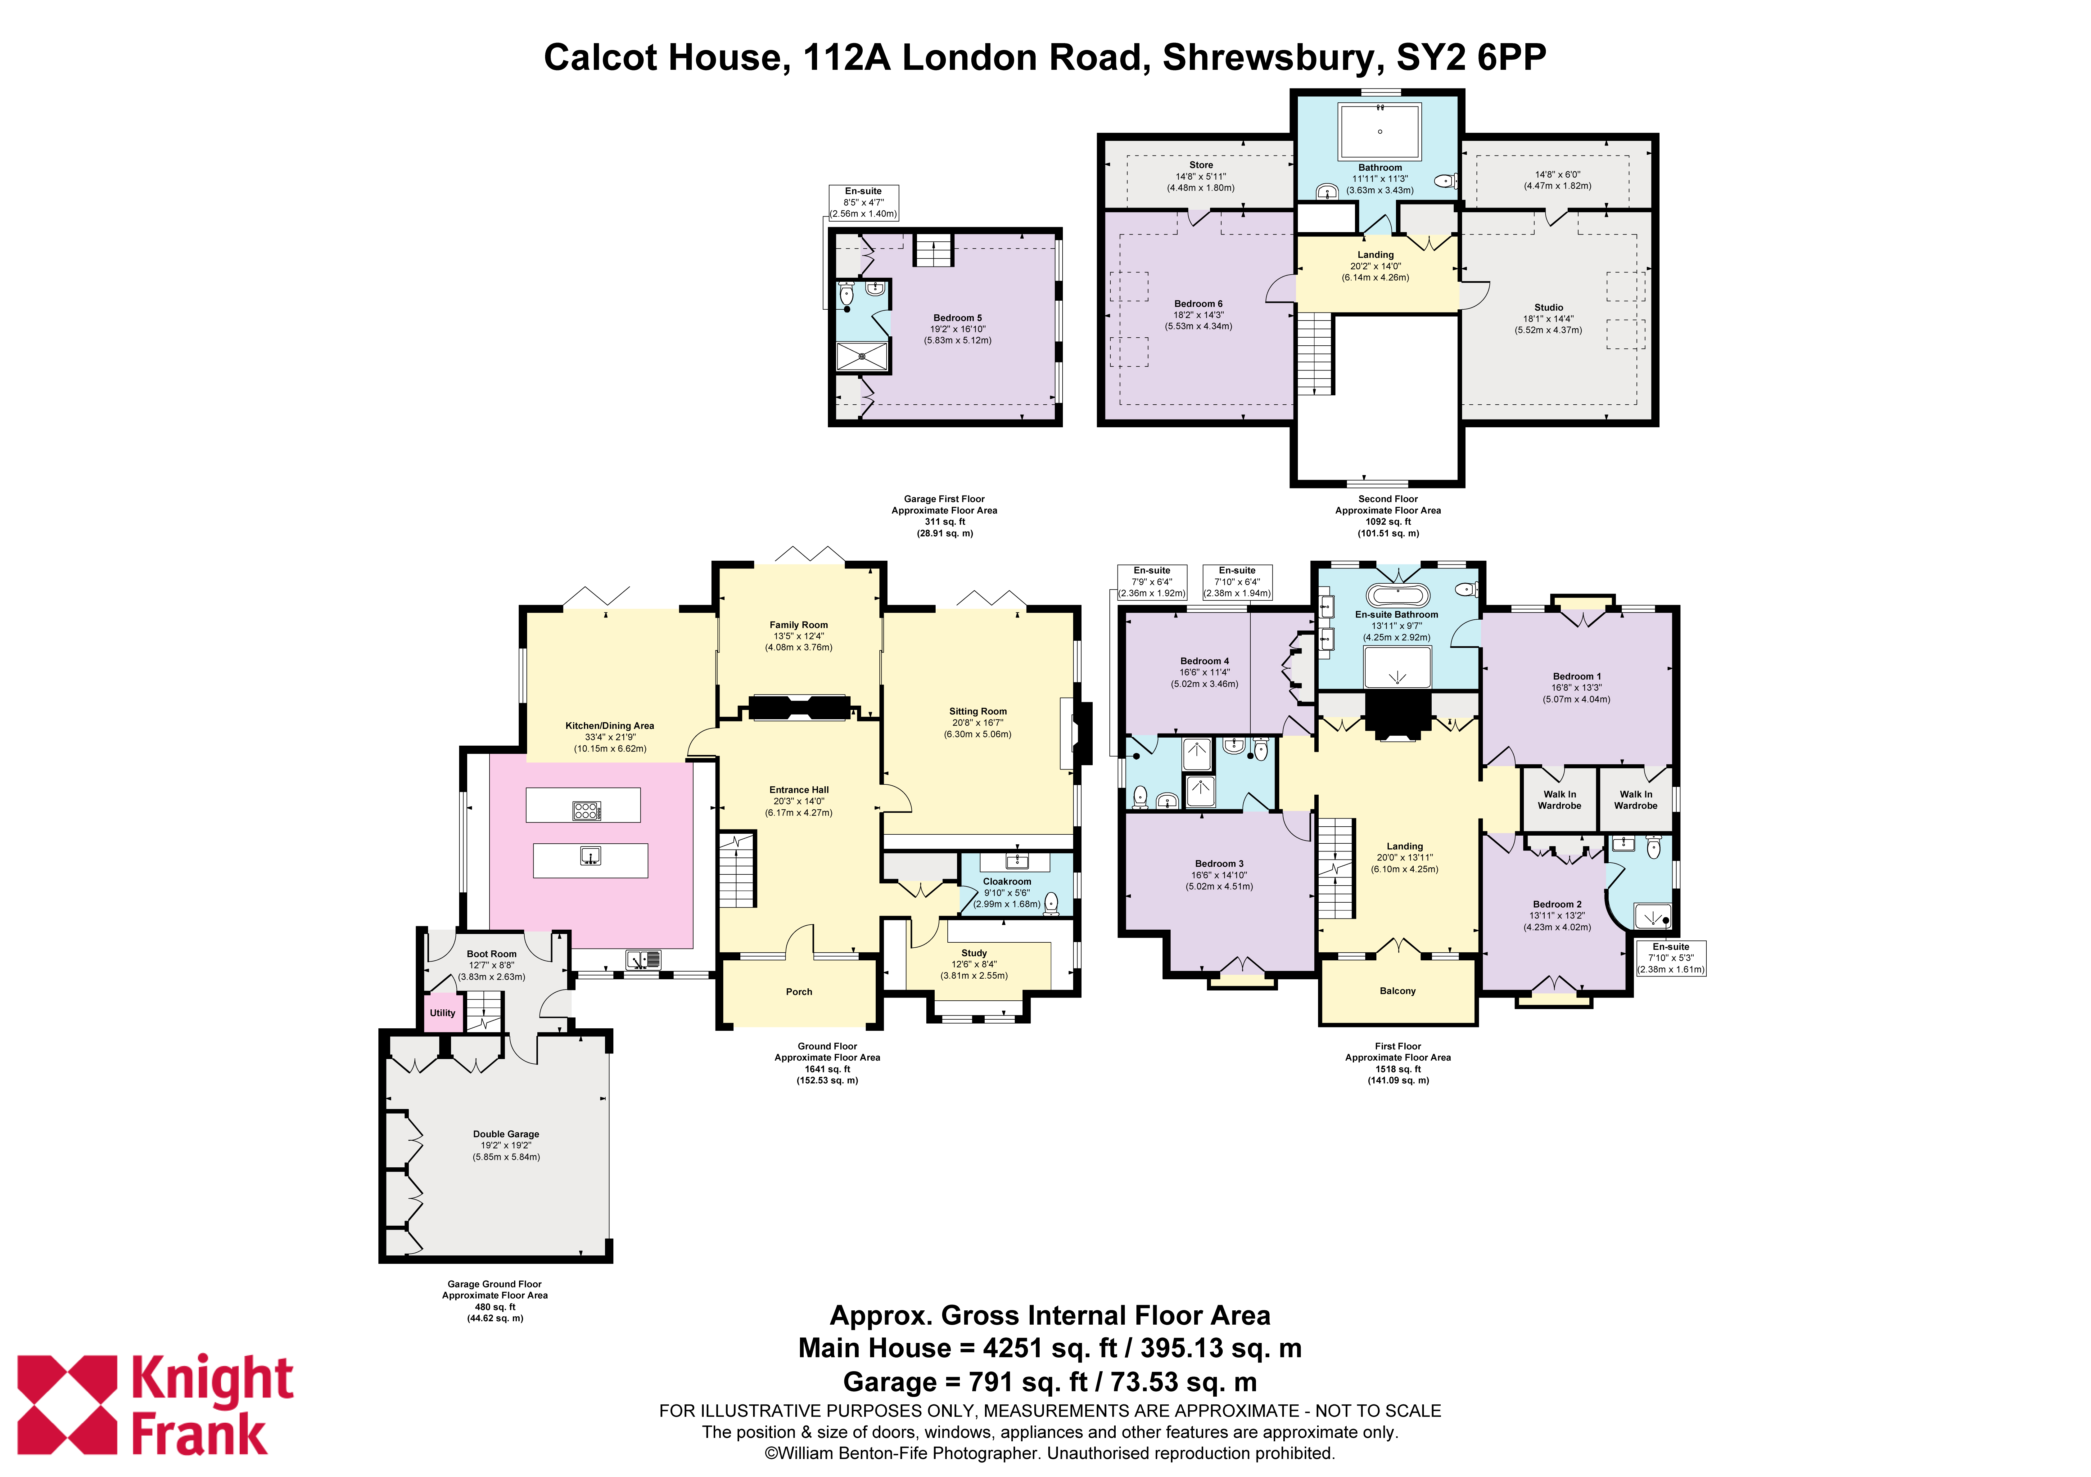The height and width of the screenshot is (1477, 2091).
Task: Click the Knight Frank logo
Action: point(155,1405)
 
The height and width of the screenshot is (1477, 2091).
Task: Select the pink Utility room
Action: point(443,1012)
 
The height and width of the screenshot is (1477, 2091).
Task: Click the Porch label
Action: point(799,992)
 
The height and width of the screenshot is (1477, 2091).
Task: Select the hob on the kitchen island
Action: point(586,810)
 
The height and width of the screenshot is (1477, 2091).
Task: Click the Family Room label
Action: point(799,625)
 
